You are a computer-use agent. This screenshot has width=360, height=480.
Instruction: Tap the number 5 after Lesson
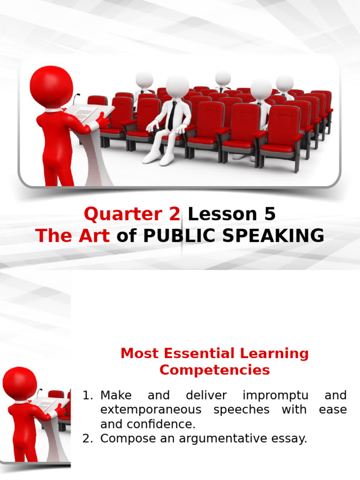point(270,214)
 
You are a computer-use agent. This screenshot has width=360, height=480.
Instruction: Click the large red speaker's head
point(51,87)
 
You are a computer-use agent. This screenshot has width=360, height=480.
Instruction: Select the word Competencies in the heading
point(214,370)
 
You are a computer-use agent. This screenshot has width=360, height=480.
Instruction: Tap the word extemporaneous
point(150,410)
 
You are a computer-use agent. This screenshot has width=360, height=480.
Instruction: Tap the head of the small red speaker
point(19,383)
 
